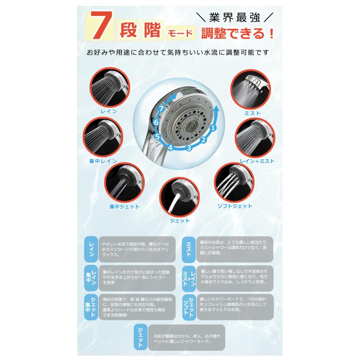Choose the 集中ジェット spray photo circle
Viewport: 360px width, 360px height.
(x=124, y=184)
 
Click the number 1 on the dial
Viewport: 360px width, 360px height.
(x=213, y=128)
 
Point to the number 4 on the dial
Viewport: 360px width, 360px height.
(x=170, y=148)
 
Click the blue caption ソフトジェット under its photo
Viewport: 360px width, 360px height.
(x=234, y=206)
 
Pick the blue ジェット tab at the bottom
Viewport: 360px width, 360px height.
(x=141, y=337)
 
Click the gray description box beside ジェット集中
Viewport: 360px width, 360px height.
(x=137, y=306)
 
